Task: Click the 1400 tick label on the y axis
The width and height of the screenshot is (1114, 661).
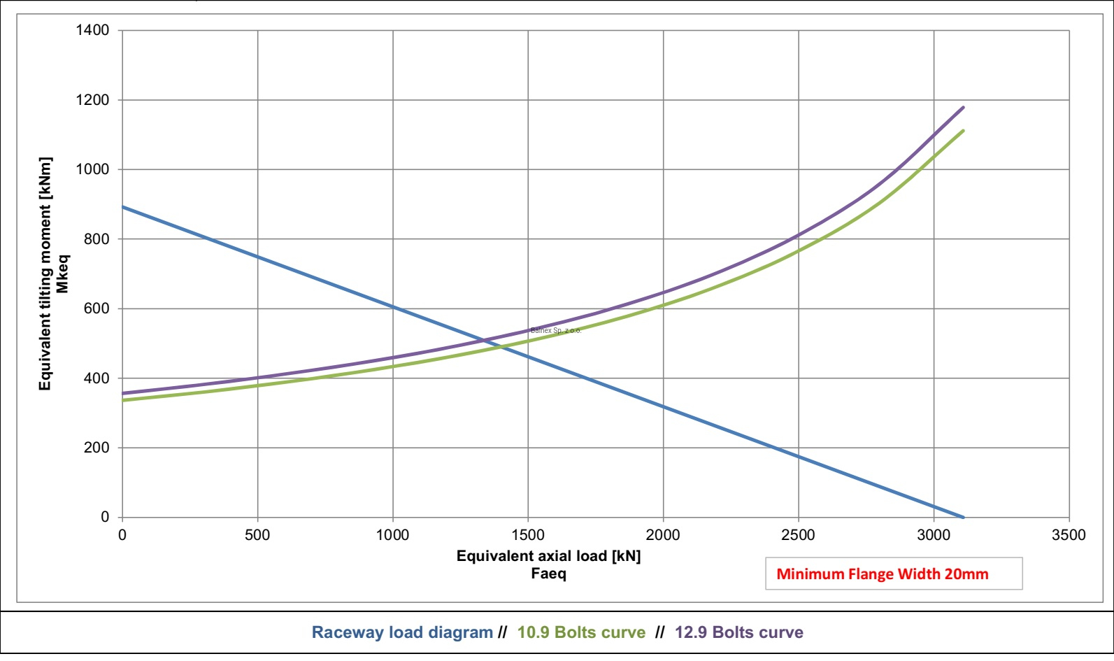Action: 92,30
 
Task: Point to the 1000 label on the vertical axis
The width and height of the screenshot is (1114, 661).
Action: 92,169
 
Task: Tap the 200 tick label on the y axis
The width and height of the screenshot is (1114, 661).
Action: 97,448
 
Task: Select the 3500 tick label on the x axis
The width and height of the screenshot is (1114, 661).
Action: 1069,535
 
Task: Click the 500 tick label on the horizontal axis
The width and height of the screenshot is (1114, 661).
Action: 257,535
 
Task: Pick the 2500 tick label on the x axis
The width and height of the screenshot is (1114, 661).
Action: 798,535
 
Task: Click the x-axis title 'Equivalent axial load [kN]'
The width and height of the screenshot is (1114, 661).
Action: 548,556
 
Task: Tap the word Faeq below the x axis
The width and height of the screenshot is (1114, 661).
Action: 548,574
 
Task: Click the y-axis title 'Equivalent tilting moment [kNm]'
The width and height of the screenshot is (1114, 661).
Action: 45,273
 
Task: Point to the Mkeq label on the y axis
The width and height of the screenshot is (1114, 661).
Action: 63,273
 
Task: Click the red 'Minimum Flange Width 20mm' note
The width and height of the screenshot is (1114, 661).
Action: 883,574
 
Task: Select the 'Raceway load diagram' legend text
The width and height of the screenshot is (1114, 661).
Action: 402,632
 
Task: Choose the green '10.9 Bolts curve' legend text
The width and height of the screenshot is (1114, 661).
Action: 581,632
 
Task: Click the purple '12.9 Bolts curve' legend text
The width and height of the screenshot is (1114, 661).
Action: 739,632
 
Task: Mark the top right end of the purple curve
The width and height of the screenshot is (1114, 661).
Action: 964,107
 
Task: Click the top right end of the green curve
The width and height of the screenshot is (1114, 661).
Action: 964,130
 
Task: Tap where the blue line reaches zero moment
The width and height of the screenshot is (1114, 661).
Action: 964,517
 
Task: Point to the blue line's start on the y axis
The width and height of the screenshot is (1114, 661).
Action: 123,207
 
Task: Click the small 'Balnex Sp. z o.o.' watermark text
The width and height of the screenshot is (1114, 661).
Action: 556,330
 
